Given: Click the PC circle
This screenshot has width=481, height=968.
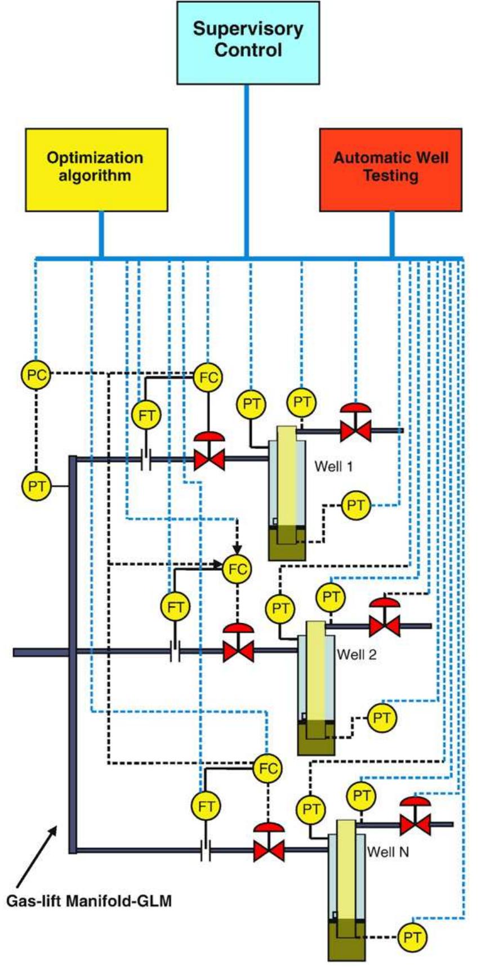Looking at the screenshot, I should pyautogui.click(x=36, y=374).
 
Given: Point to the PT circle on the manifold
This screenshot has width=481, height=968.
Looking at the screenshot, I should pyautogui.click(x=36, y=486).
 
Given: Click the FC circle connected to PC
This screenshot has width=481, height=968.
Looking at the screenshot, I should pyautogui.click(x=208, y=378).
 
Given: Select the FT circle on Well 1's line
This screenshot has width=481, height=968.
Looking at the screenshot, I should pyautogui.click(x=146, y=416).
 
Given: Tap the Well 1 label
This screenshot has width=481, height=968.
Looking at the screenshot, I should pyautogui.click(x=333, y=467).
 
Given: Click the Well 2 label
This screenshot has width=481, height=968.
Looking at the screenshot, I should pyautogui.click(x=357, y=655).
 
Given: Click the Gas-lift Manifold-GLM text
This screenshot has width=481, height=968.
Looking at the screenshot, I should pyautogui.click(x=89, y=901).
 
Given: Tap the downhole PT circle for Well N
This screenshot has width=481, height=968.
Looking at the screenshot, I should pyautogui.click(x=412, y=938).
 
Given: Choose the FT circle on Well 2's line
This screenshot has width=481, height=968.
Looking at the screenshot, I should pyautogui.click(x=176, y=607).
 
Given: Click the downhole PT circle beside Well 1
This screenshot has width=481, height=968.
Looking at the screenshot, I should pyautogui.click(x=355, y=505).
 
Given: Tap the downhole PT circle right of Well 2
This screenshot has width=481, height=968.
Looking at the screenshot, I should pyautogui.click(x=382, y=718).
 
